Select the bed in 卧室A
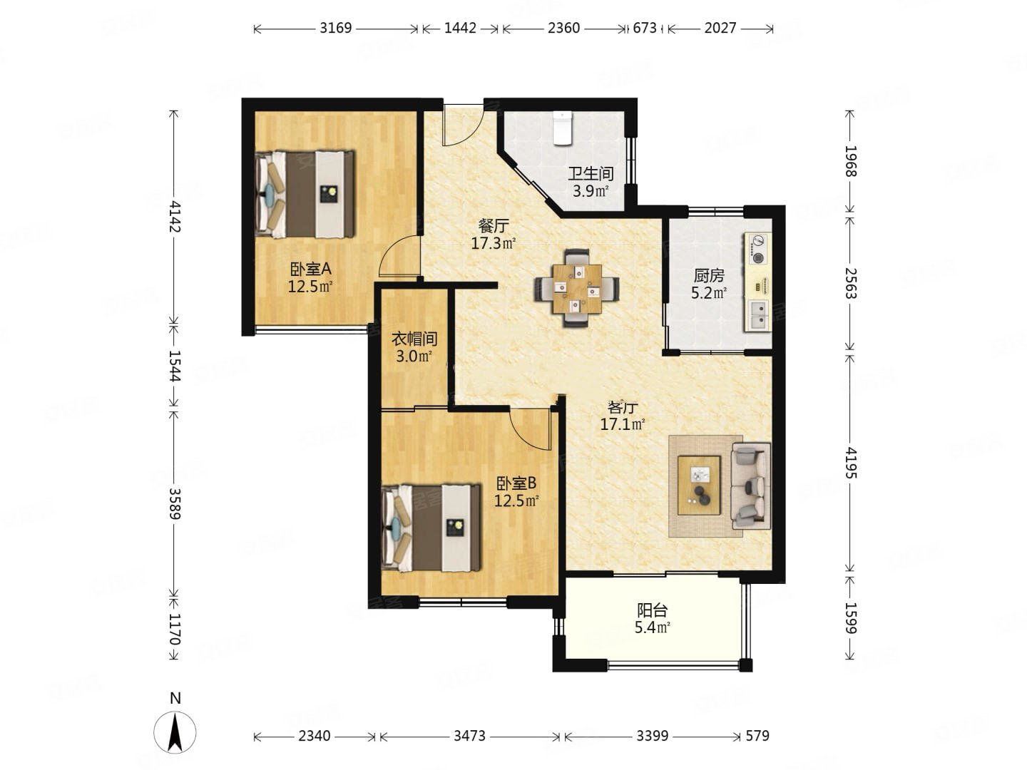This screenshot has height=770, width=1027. pyautogui.click(x=305, y=193)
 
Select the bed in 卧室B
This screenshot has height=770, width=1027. pyautogui.click(x=431, y=528)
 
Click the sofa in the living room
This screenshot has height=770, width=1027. pyautogui.click(x=751, y=486)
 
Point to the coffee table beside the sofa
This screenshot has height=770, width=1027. pyautogui.click(x=699, y=486)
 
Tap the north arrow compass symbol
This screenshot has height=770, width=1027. pyautogui.click(x=175, y=731)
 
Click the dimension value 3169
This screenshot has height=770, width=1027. pyautogui.click(x=335, y=28)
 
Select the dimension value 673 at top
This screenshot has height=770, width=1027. pyautogui.click(x=645, y=28)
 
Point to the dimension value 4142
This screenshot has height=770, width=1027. pyautogui.click(x=175, y=217)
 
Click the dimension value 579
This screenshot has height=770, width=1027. pyautogui.click(x=757, y=736)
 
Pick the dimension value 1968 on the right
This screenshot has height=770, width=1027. pyautogui.click(x=850, y=161)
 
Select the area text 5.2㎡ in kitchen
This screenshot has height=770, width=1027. pyautogui.click(x=709, y=293)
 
